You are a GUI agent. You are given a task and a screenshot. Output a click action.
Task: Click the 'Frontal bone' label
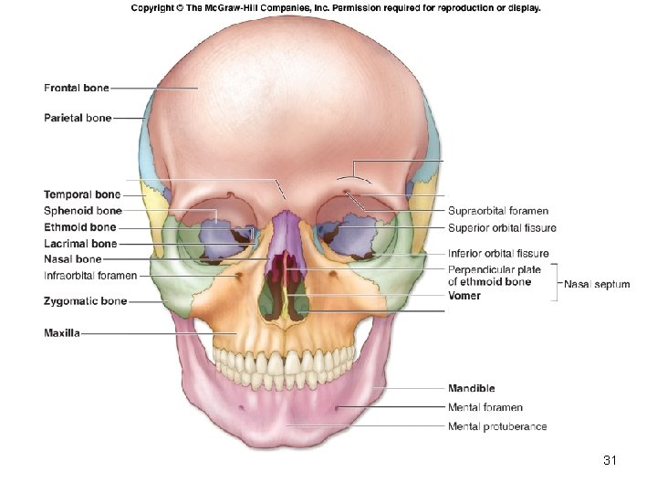(x=77, y=88)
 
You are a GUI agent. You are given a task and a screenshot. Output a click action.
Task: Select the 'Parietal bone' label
(x=78, y=118)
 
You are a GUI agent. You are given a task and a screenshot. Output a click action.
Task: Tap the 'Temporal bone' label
(x=81, y=194)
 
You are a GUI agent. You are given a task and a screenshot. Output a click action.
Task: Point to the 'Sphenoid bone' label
(x=82, y=211)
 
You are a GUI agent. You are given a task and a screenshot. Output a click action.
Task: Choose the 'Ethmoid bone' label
(x=79, y=227)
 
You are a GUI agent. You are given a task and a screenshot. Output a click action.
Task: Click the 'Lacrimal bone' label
(x=80, y=244)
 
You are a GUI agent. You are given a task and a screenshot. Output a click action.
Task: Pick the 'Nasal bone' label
(x=72, y=259)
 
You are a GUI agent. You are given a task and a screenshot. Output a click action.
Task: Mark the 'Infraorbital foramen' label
(x=90, y=275)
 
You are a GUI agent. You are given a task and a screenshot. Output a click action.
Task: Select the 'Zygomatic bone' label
(x=85, y=300)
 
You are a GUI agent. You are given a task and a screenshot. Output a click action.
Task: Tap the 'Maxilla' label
(x=62, y=333)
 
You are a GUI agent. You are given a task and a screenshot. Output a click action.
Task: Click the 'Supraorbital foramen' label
(x=498, y=211)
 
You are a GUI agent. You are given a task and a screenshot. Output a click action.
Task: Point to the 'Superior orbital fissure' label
(x=502, y=227)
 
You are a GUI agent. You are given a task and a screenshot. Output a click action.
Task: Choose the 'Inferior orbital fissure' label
(x=498, y=253)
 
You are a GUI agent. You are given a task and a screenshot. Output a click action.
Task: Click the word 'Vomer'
(x=464, y=296)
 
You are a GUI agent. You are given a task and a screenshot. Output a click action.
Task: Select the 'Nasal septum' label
(x=597, y=284)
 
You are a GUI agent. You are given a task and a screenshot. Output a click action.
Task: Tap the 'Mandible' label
(x=472, y=389)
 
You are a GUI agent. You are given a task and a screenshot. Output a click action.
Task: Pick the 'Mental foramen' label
(x=485, y=407)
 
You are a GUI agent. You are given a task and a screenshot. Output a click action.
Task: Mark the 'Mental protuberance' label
(x=497, y=426)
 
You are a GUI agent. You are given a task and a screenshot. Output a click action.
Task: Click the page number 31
(x=610, y=460)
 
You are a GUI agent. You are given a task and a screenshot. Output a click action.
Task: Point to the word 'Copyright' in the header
(x=154, y=8)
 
